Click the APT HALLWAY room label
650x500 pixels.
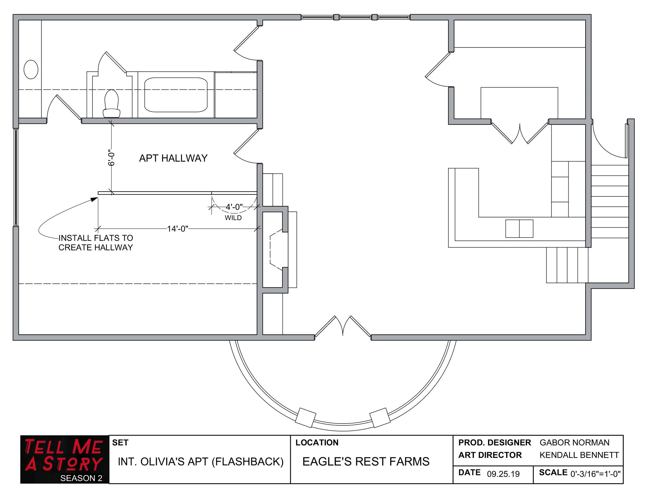(173, 158)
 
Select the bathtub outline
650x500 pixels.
(175, 95)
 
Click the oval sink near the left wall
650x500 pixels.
(31, 70)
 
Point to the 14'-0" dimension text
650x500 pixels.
(177, 229)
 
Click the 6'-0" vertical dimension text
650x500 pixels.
(111, 158)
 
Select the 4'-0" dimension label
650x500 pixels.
(234, 207)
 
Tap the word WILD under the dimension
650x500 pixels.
(233, 218)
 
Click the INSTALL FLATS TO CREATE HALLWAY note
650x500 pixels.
(95, 243)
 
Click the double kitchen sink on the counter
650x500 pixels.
(519, 229)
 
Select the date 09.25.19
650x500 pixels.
(503, 474)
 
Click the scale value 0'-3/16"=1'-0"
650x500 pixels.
(595, 474)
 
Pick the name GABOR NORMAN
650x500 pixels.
(574, 443)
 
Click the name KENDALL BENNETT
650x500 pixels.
(579, 455)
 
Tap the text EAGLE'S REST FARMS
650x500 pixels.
(366, 462)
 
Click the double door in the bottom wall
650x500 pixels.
(343, 327)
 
